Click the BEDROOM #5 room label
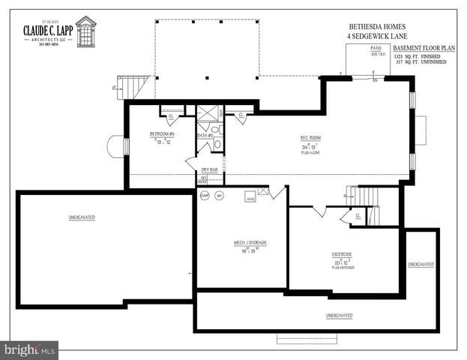pos(162,134)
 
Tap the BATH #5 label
pos(205,136)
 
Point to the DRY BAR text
pos(209,170)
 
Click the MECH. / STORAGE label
pos(250,242)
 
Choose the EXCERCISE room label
pos(343,254)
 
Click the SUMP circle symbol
pos(205,196)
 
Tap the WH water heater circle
pos(220,196)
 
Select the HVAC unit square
pos(251,198)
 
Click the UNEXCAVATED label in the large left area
pos(82,217)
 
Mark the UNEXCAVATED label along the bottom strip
pos(339,315)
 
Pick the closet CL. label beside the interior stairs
pos(358,216)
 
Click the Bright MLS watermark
pos(29,350)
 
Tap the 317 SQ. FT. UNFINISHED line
pos(421,62)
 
